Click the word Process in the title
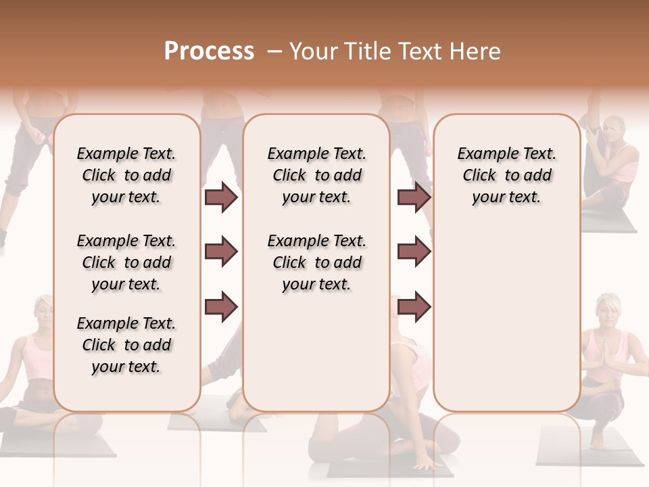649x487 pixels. click(209, 51)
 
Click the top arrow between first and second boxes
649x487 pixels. click(221, 198)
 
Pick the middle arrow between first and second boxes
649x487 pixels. click(221, 252)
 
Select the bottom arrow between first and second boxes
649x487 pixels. click(221, 306)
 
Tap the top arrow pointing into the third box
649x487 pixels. click(414, 198)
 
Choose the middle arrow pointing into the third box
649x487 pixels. click(414, 252)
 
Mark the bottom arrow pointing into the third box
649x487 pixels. click(414, 306)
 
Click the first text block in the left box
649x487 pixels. click(126, 175)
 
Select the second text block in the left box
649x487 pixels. click(126, 262)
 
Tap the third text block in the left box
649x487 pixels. click(126, 345)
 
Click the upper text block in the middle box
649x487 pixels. click(317, 175)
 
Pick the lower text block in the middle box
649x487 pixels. click(317, 262)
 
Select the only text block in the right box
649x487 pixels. click(506, 175)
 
